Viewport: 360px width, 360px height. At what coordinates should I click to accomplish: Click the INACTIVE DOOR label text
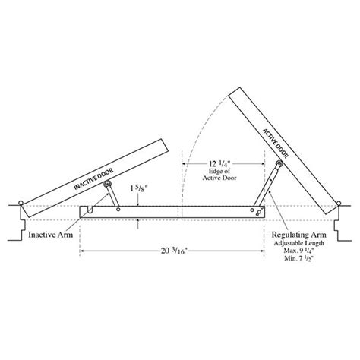click(93, 178)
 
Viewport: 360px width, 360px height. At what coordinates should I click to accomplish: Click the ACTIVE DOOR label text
click(276, 144)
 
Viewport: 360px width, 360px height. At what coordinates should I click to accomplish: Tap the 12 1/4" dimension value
click(219, 163)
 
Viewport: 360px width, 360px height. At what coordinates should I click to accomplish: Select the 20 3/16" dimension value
click(174, 251)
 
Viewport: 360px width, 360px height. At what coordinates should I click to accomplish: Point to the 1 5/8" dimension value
click(139, 189)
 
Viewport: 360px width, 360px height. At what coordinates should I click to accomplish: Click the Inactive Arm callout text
click(50, 235)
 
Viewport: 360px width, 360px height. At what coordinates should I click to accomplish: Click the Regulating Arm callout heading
click(299, 235)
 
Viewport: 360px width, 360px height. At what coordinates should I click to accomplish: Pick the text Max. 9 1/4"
click(301, 251)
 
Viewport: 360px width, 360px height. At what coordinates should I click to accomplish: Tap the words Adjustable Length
click(299, 243)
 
